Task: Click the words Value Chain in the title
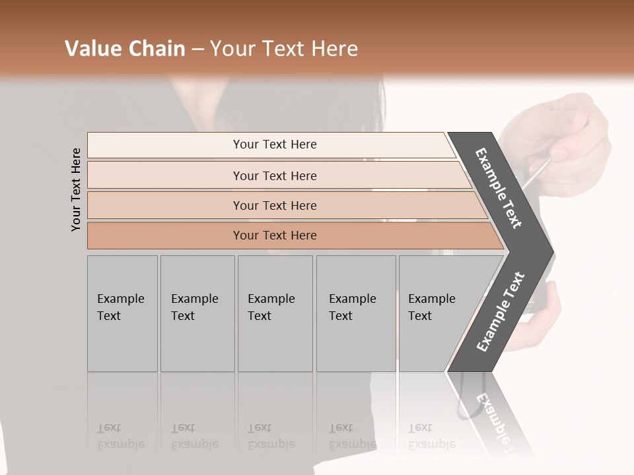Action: point(125,49)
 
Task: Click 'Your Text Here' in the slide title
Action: point(284,49)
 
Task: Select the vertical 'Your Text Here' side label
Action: point(76,189)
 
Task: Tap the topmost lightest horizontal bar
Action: point(274,144)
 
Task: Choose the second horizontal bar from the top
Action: point(275,175)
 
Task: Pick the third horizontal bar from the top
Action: point(275,205)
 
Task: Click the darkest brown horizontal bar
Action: point(275,236)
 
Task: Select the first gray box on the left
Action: point(122,313)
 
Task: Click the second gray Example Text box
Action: point(197,313)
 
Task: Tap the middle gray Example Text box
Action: point(275,313)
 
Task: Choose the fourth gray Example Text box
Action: point(355,313)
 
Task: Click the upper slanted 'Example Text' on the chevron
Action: point(499,188)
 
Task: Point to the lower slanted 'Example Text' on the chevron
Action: point(500,312)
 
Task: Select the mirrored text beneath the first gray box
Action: point(120,436)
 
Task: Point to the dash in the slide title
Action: point(197,49)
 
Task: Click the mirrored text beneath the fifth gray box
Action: point(431,436)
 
